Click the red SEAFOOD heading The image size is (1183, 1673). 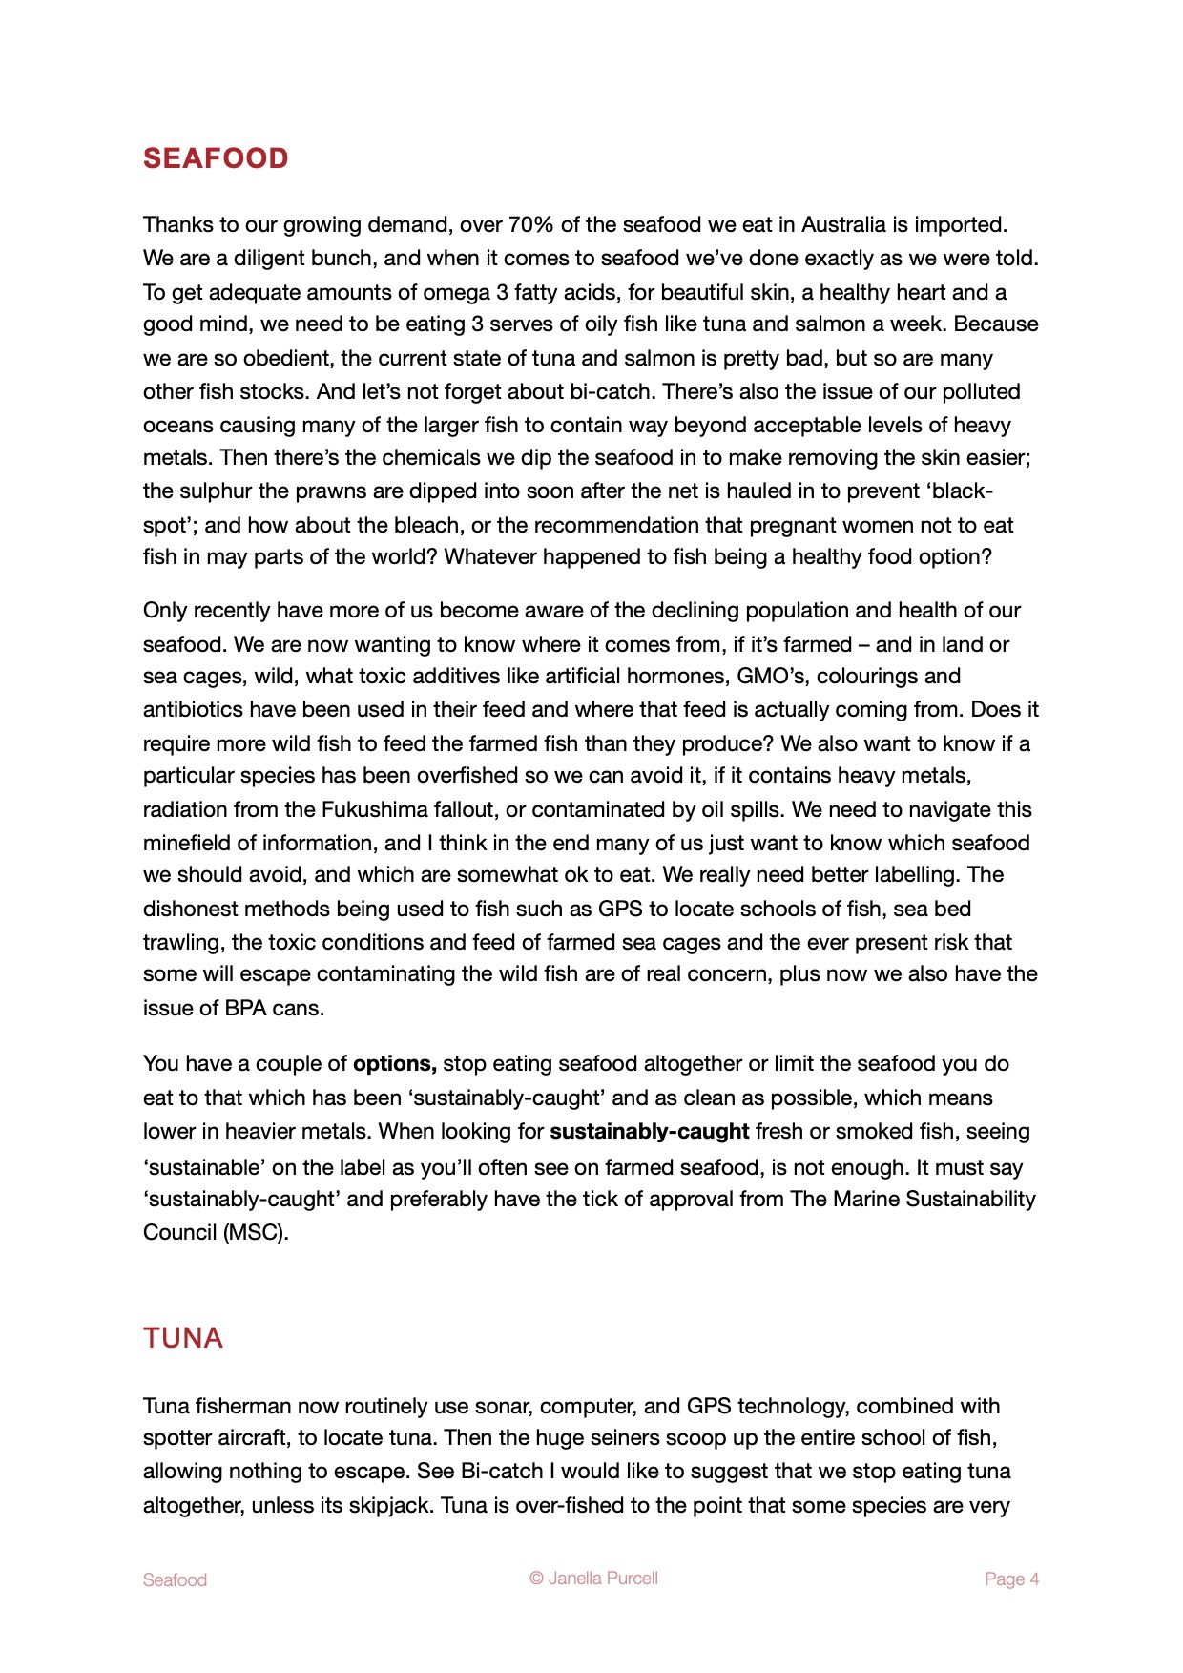(216, 158)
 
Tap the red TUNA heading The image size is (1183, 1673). (183, 1338)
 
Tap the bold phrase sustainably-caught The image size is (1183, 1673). (649, 1132)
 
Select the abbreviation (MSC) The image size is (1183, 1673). (255, 1233)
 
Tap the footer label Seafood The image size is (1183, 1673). (175, 1580)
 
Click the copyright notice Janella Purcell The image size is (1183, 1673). (594, 1579)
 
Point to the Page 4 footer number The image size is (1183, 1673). (1011, 1579)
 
